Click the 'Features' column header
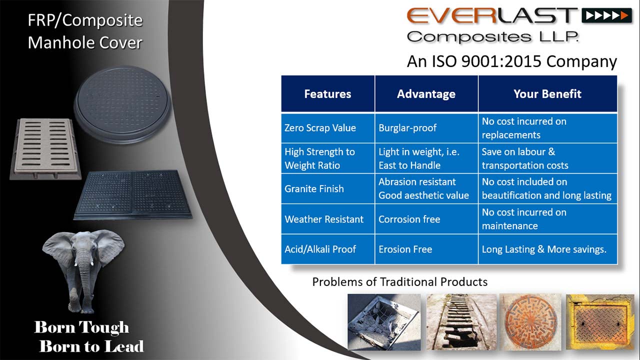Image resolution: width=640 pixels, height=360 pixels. (x=327, y=93)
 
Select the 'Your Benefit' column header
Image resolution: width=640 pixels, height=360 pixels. (x=547, y=93)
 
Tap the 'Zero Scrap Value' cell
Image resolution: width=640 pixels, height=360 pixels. (x=327, y=128)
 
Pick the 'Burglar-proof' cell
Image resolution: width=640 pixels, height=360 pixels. (x=426, y=128)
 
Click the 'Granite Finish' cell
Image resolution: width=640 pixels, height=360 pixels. (x=327, y=188)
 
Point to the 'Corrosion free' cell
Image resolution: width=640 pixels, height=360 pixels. (x=426, y=219)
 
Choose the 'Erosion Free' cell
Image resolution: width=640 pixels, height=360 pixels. (x=426, y=249)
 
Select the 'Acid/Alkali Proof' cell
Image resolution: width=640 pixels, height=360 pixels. (x=327, y=249)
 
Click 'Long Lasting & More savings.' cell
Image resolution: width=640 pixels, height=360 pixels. (x=547, y=249)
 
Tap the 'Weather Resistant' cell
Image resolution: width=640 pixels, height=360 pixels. (x=327, y=219)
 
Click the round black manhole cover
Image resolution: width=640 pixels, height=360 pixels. (x=122, y=104)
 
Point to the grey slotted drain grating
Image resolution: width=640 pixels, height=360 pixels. (x=45, y=148)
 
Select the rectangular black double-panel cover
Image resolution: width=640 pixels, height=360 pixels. (x=133, y=195)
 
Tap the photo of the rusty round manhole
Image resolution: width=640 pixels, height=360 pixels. (x=530, y=322)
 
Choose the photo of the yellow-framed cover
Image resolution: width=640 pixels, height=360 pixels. (x=599, y=322)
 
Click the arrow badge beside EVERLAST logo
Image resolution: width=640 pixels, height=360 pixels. (x=606, y=15)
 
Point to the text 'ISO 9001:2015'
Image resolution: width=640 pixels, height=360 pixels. (x=486, y=61)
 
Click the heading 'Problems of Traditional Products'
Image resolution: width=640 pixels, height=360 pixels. (x=399, y=282)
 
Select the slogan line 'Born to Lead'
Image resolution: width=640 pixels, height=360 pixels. (x=91, y=346)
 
